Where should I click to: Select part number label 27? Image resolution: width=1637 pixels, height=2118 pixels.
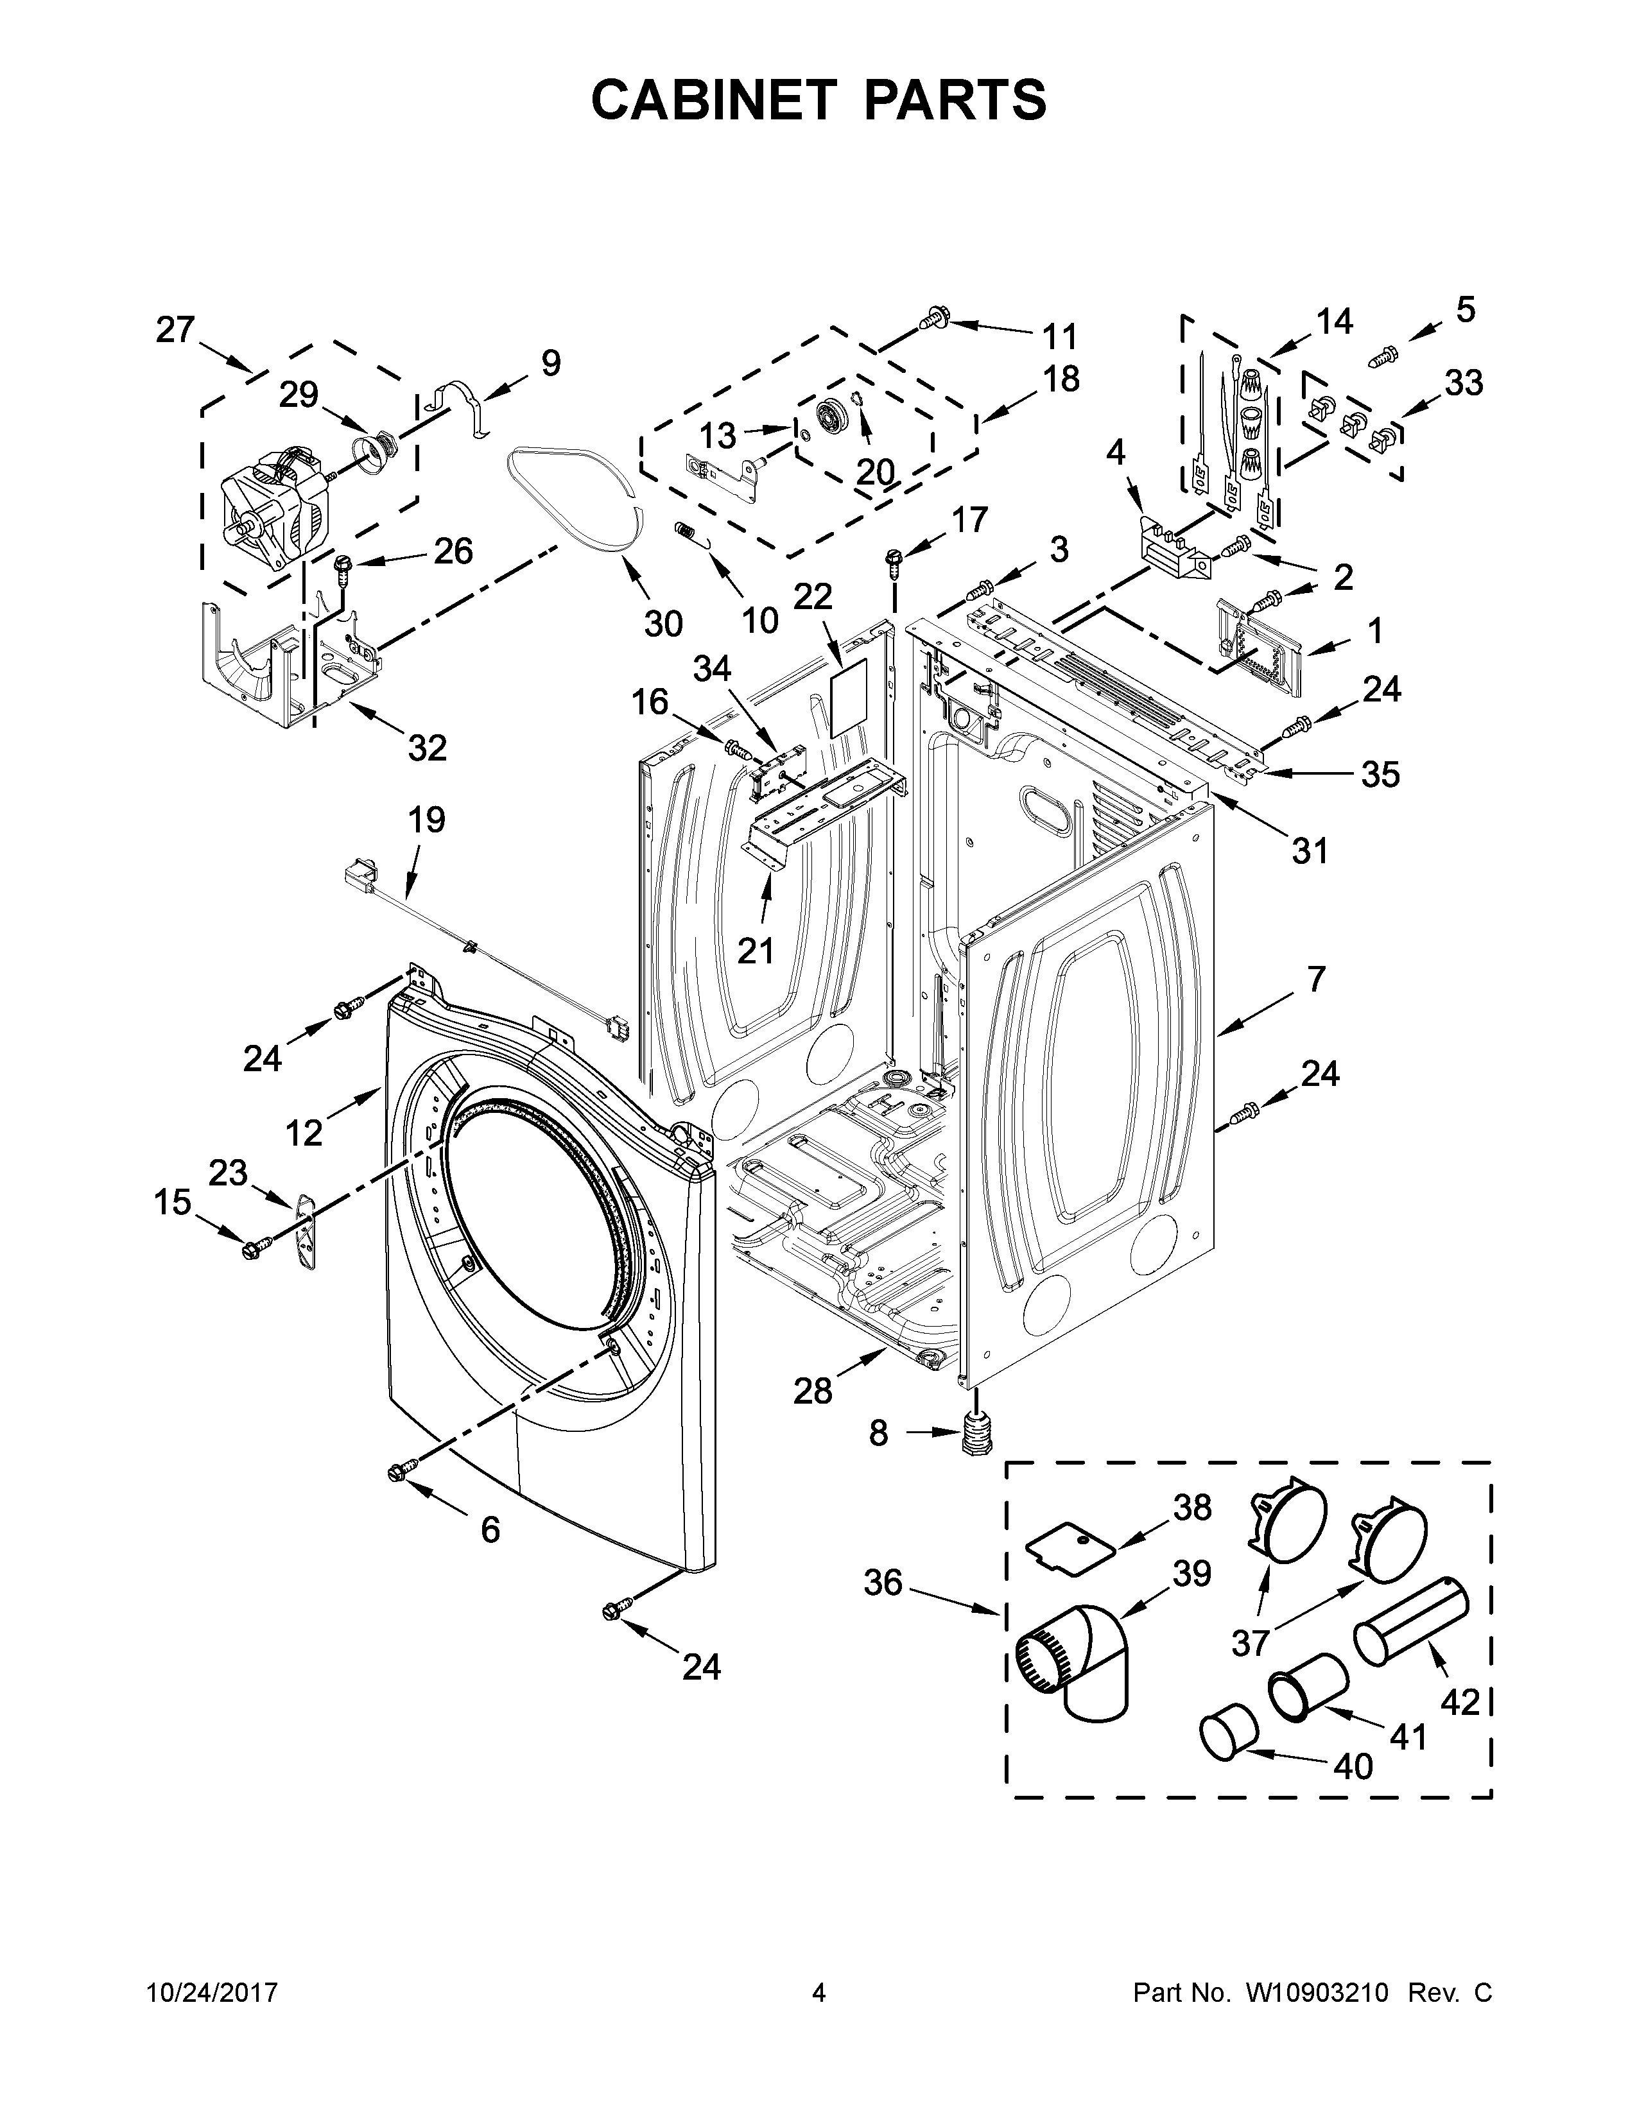[x=175, y=331]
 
